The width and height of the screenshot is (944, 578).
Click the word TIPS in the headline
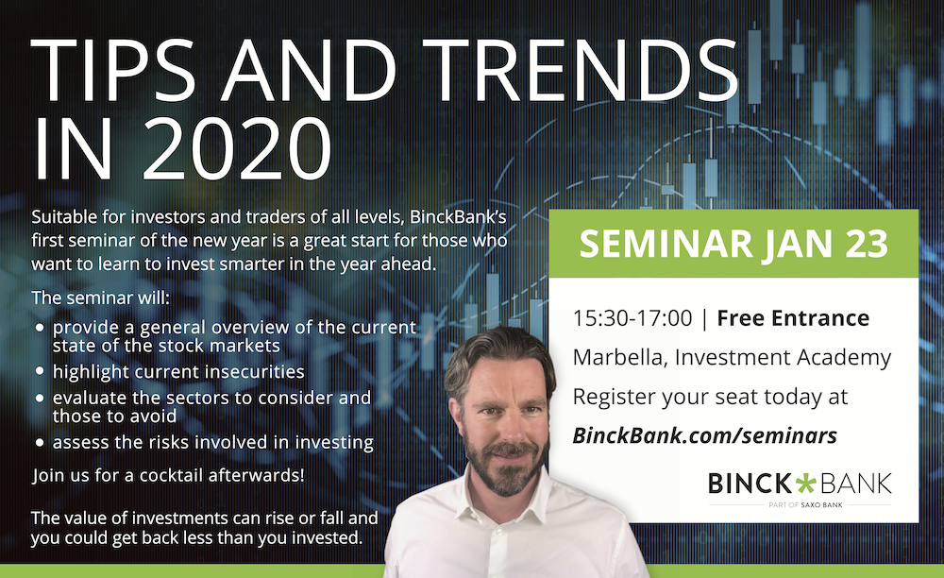tap(114, 70)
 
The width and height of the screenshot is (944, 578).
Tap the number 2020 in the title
tap(237, 148)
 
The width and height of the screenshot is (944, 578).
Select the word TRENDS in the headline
tap(582, 70)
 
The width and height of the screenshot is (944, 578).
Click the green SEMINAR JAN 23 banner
tap(733, 244)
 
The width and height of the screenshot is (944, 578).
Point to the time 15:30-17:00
tap(632, 318)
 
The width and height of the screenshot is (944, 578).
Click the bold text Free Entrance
tap(793, 318)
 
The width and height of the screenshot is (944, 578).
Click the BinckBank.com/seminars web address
tap(704, 435)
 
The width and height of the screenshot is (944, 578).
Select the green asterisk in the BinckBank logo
tap(805, 484)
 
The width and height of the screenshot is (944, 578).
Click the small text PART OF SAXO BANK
tap(805, 505)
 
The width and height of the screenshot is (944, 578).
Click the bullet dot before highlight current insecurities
tap(41, 371)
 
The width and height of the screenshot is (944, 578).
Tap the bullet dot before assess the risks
tap(41, 443)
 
